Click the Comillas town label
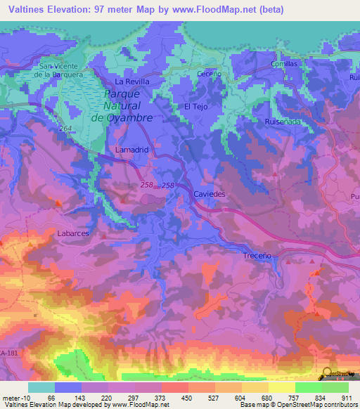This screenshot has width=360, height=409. [x=285, y=63]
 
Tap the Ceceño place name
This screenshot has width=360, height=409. [x=210, y=73]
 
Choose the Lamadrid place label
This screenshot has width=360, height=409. [x=129, y=150]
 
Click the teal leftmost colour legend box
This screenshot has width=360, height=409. [x=41, y=387]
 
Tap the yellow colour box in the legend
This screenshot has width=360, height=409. [x=281, y=387]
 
